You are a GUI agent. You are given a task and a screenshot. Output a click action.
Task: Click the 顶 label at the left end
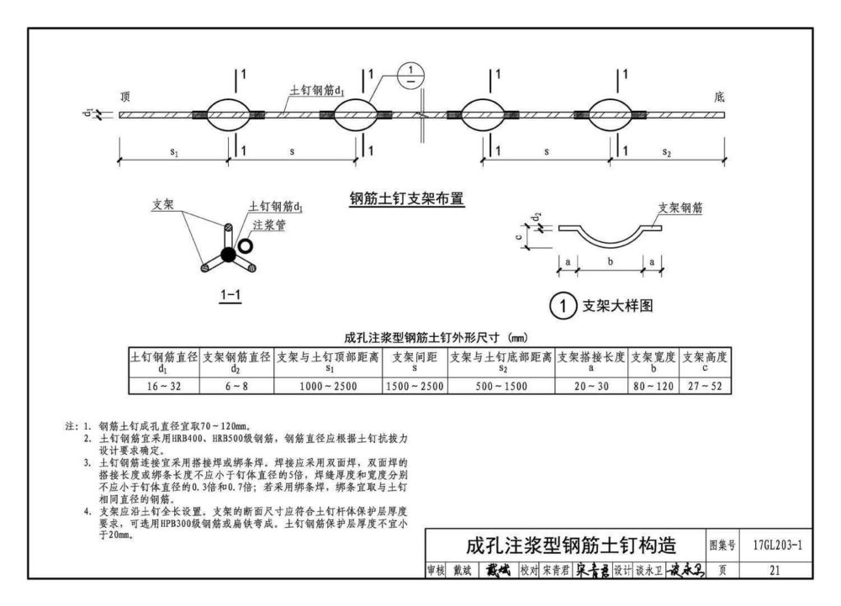(x=125, y=97)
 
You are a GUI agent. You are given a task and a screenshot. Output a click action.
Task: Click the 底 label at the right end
(x=719, y=97)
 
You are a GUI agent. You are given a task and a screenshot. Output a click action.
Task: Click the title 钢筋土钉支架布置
(x=407, y=200)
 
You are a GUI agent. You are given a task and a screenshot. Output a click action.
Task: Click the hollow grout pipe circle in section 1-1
(x=245, y=246)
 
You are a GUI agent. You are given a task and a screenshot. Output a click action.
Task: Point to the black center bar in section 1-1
(x=227, y=254)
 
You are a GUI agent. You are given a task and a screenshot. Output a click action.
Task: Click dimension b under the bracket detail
(x=610, y=262)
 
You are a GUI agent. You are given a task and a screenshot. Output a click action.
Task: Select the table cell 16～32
(x=163, y=387)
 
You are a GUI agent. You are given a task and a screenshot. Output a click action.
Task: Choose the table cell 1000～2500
(x=329, y=387)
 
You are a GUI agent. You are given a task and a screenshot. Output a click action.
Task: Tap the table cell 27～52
(x=705, y=387)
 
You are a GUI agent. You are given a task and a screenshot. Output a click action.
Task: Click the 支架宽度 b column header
(x=653, y=362)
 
